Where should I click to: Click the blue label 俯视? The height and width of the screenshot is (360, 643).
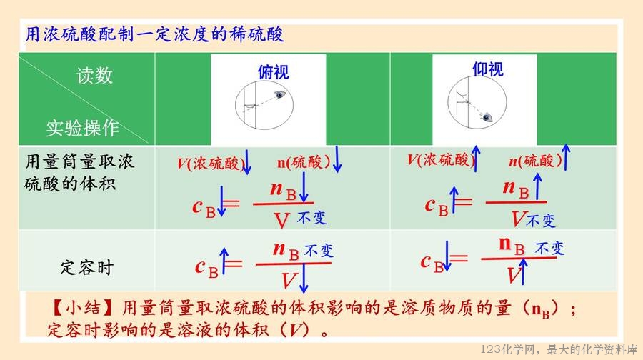point(274,72)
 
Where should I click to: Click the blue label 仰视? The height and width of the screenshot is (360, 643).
point(487,69)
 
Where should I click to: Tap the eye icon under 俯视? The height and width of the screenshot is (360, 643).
point(279,95)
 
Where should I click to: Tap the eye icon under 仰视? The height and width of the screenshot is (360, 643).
point(487,118)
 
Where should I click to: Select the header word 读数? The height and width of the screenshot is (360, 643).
point(95,76)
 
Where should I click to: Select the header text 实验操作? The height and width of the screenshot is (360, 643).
point(82,128)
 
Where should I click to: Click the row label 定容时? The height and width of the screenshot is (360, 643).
point(87,267)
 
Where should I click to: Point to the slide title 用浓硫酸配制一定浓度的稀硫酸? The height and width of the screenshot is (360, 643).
point(154,34)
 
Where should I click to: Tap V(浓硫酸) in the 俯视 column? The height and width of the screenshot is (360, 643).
point(211,163)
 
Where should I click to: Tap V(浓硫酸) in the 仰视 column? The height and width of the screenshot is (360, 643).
point(441,159)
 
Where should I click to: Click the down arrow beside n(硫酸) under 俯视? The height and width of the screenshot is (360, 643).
point(337,159)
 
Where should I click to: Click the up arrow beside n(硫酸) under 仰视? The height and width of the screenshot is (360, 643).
point(566,157)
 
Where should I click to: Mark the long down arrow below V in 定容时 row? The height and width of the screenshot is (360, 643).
point(304,278)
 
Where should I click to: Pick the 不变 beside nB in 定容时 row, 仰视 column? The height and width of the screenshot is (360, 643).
point(549,248)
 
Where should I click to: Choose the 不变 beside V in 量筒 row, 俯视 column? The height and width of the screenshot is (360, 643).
point(311,217)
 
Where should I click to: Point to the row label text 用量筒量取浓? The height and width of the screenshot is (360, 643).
point(79,161)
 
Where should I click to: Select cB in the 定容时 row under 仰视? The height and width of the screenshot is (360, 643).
point(432,262)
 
